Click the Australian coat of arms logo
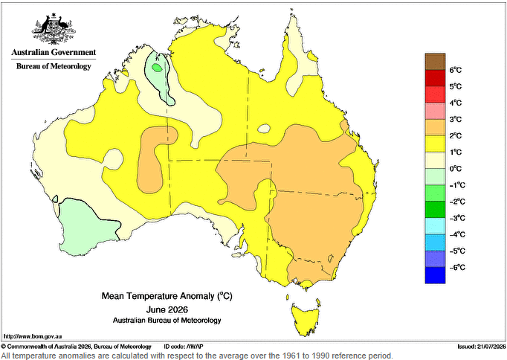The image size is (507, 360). [54, 28]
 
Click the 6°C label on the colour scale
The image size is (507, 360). [455, 70]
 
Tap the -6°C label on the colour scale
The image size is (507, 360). [457, 268]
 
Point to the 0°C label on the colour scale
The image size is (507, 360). [456, 169]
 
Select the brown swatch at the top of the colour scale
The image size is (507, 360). [435, 62]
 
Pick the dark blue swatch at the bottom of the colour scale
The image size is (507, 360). [435, 275]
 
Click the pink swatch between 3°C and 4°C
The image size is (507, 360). [435, 111]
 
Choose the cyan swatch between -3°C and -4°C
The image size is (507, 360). [435, 226]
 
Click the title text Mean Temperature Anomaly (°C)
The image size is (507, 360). [167, 296]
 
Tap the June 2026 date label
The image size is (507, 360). [167, 309]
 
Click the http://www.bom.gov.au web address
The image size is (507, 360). [33, 337]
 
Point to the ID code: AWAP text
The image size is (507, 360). [184, 347]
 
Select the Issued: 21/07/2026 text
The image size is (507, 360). [482, 347]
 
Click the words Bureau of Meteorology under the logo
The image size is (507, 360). [54, 66]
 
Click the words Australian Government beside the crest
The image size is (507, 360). [54, 52]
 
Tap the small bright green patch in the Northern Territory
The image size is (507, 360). [157, 68]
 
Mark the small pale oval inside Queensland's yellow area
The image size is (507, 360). [264, 129]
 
